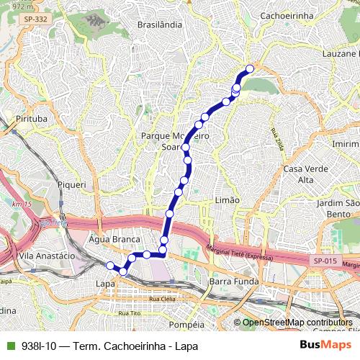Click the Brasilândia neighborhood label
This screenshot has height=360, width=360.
[x=158, y=24]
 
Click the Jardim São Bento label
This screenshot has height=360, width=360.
[x=338, y=209]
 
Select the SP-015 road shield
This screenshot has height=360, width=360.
[x=325, y=261]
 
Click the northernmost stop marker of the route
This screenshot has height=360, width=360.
[x=250, y=69]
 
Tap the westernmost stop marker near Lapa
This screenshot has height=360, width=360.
[x=110, y=266]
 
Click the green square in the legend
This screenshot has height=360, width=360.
[x=10, y=346]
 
